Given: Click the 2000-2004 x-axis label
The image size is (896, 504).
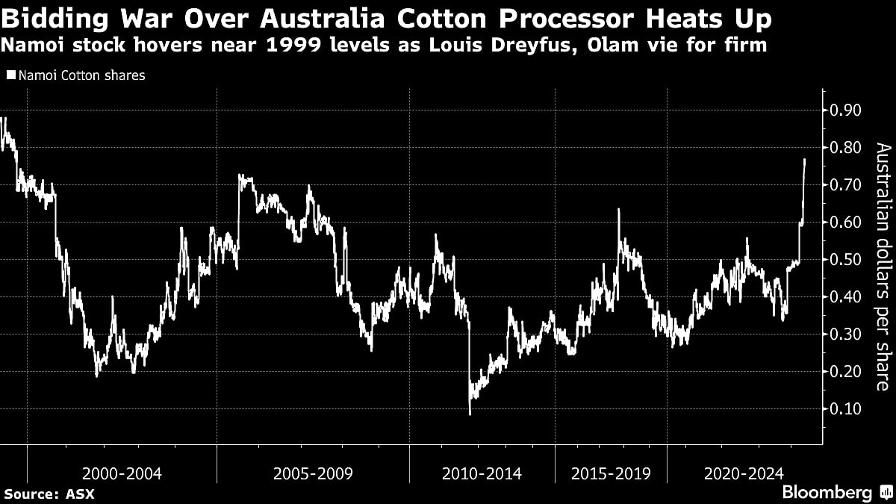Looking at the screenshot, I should (122, 473).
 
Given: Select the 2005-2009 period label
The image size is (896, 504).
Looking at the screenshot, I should (313, 473).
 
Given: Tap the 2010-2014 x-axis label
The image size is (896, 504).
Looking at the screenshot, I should (482, 473).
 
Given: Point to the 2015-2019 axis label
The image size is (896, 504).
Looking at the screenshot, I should (611, 473).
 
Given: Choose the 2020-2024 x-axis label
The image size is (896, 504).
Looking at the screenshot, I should (743, 473).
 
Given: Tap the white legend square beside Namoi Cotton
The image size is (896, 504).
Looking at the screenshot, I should (10, 75).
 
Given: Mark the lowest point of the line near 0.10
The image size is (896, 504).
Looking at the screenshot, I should (470, 413).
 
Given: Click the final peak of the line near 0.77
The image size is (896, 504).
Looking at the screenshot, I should (804, 159).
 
